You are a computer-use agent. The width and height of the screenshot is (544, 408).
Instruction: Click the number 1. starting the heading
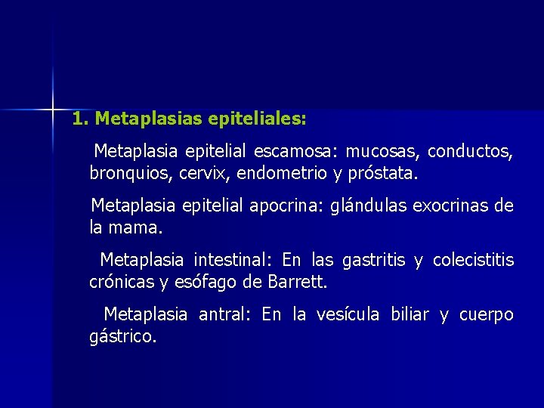(x=81, y=119)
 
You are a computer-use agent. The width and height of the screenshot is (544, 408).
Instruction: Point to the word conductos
(x=471, y=152)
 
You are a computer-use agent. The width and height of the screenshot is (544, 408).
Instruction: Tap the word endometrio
(x=283, y=174)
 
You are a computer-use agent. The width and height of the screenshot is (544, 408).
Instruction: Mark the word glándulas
(x=366, y=206)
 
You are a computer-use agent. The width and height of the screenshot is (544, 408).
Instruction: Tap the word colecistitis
(x=473, y=261)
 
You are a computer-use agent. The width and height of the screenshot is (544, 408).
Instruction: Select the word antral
(x=224, y=315)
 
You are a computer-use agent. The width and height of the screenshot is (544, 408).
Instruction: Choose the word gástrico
(x=123, y=337)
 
